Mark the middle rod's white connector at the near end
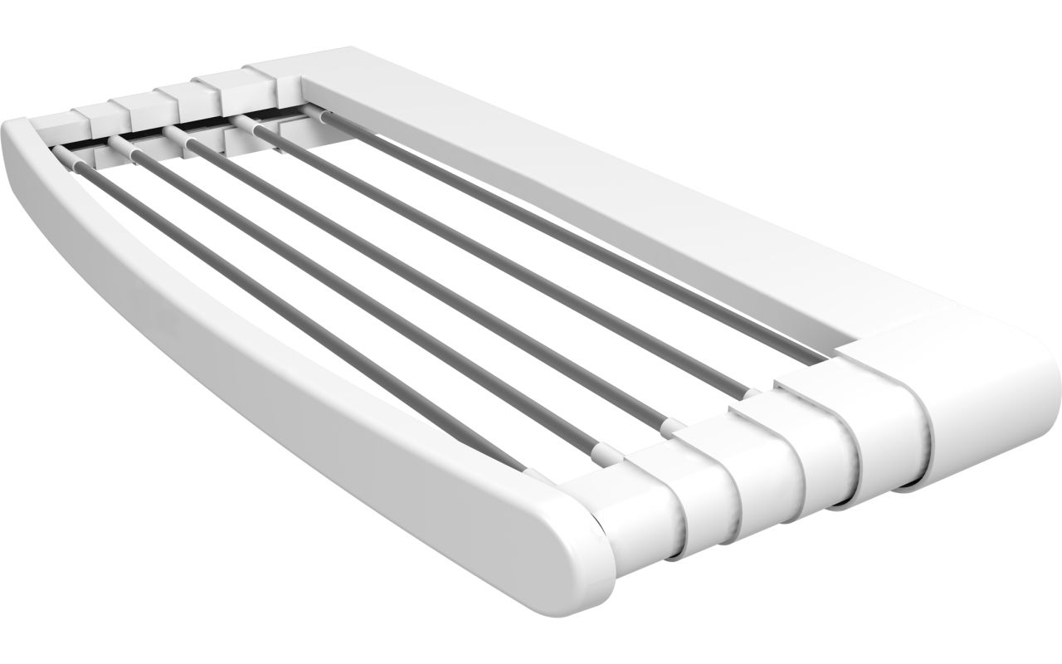pyautogui.click(x=674, y=427)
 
